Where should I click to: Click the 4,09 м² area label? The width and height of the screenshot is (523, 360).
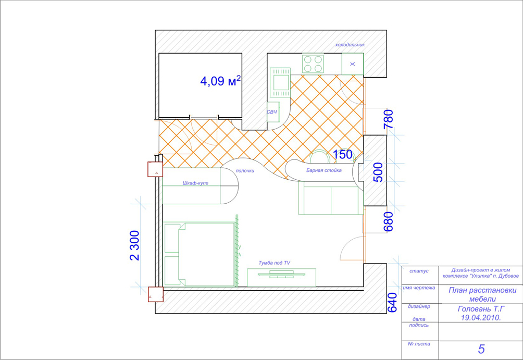click(x=220, y=81)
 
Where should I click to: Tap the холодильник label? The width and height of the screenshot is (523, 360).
click(x=350, y=45)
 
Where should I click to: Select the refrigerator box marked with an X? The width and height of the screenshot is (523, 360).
click(x=353, y=64)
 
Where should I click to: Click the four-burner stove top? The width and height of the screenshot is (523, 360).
click(x=313, y=64)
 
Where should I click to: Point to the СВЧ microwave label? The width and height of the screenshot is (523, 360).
click(x=272, y=112)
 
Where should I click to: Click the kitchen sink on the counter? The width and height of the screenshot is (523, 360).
click(x=280, y=82)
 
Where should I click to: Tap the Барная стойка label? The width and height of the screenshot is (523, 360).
click(x=324, y=170)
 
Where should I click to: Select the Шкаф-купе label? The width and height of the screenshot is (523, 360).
click(x=195, y=183)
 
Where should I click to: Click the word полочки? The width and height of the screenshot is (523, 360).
click(x=245, y=171)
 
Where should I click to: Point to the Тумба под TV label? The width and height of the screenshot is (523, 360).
click(x=274, y=263)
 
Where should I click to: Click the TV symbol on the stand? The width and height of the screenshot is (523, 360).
click(x=281, y=275)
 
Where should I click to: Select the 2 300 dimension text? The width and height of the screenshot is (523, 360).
click(x=135, y=245)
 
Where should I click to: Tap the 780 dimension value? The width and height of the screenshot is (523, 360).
click(x=389, y=119)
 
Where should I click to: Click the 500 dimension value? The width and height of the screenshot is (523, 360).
click(x=378, y=172)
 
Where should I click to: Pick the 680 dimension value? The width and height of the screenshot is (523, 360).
click(x=389, y=221)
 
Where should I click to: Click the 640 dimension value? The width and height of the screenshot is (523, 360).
click(x=392, y=303)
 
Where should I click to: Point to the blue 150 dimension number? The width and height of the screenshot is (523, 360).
click(x=343, y=155)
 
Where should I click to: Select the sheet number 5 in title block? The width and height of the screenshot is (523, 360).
click(x=481, y=349)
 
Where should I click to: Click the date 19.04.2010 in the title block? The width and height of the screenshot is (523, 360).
click(x=481, y=318)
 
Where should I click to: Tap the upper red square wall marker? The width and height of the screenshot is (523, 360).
click(x=155, y=169)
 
